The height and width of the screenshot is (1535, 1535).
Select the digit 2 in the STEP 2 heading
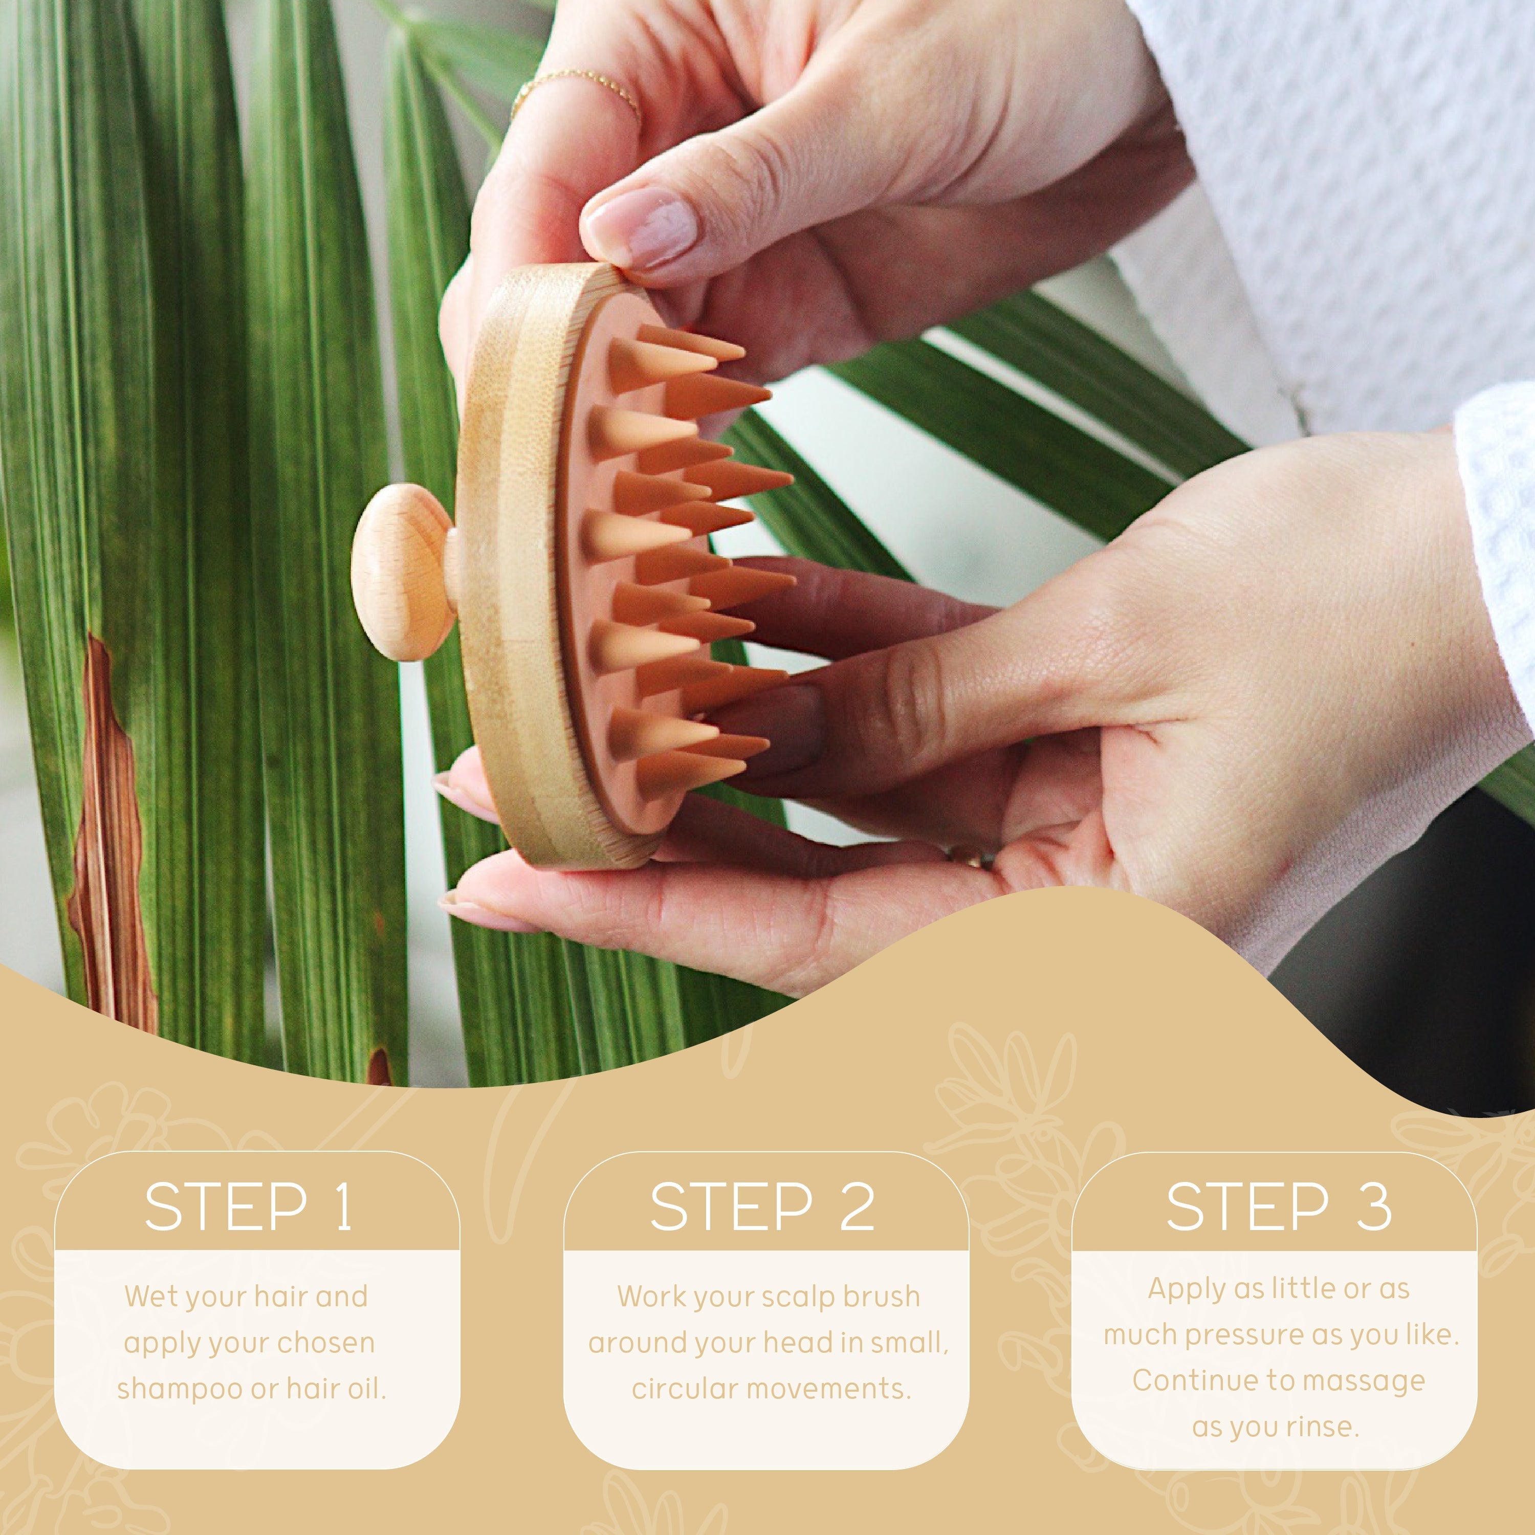[x=857, y=1207]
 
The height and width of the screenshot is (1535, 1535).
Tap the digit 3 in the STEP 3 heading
[x=1373, y=1207]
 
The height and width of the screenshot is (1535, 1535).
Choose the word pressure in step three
[x=1244, y=1335]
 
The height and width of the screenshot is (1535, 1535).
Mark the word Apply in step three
[x=1177, y=1289]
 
